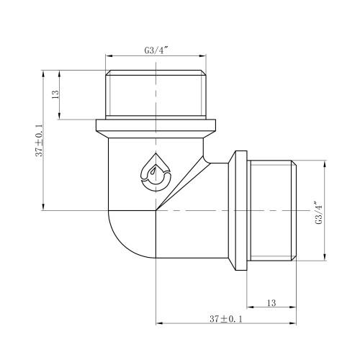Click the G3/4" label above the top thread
pyautogui.click(x=156, y=50)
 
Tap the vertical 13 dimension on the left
pyautogui.click(x=55, y=94)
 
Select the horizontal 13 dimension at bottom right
pyautogui.click(x=271, y=303)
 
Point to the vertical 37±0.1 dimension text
pyautogui.click(x=40, y=140)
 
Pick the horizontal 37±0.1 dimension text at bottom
pyautogui.click(x=226, y=319)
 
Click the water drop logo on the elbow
pyautogui.click(x=156, y=172)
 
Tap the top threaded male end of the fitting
pyautogui.click(x=156, y=95)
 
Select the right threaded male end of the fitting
pyautogui.click(x=271, y=210)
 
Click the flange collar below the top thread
pyautogui.click(x=156, y=128)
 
